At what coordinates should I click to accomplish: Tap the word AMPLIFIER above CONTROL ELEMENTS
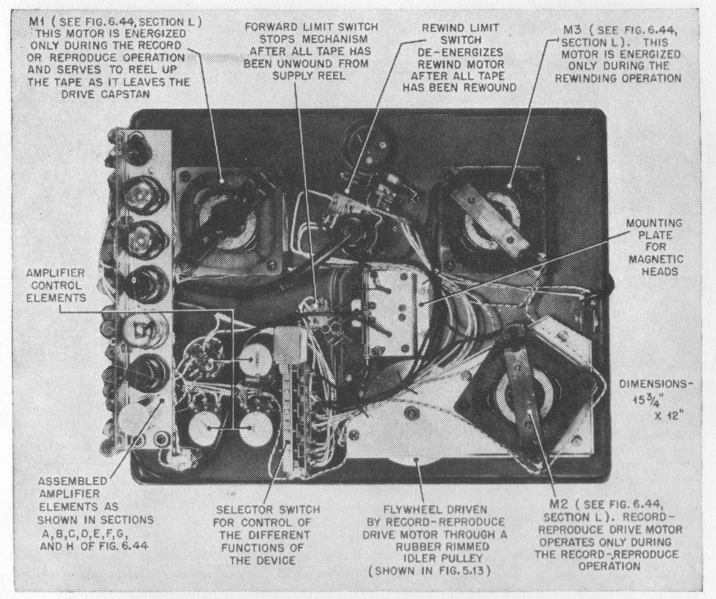[x=55, y=273]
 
